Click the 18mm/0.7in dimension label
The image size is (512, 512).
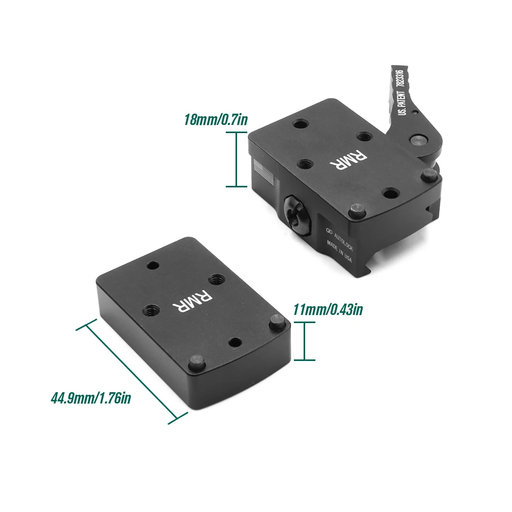(x=216, y=120)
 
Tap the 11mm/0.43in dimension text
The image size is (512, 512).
(x=328, y=310)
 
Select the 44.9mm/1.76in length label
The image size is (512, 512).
(x=91, y=397)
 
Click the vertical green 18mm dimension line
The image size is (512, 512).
(x=236, y=159)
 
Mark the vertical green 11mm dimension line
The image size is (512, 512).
(x=305, y=341)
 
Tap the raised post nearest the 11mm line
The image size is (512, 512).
(x=277, y=323)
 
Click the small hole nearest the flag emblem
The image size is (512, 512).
(x=299, y=124)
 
